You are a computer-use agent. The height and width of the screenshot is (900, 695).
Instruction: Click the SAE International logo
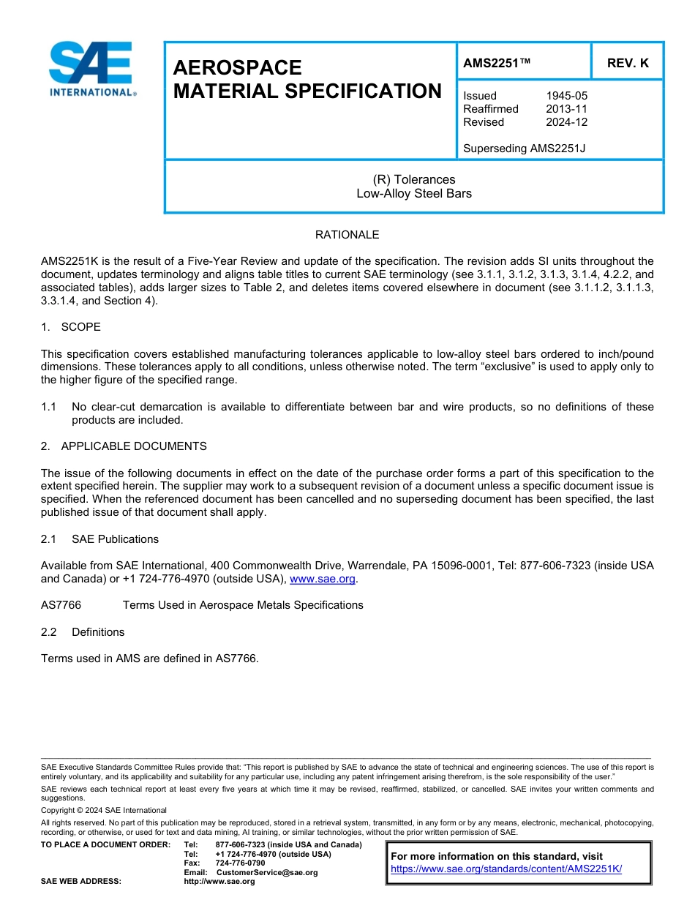click(91, 70)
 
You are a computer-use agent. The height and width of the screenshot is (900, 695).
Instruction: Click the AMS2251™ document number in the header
click(497, 64)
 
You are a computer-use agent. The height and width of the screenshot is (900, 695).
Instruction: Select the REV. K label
click(627, 64)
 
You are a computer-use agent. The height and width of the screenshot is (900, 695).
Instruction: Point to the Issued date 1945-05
click(566, 96)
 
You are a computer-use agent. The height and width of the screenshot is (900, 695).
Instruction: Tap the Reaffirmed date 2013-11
click(566, 109)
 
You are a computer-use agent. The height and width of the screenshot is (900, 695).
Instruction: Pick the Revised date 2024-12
click(566, 122)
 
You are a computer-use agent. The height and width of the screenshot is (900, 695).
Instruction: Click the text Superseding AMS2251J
click(524, 149)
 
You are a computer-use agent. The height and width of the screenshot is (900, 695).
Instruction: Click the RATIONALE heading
click(347, 235)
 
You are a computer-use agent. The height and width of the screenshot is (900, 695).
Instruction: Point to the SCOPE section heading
click(80, 326)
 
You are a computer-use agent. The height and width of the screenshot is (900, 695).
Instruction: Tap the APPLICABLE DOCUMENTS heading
click(134, 446)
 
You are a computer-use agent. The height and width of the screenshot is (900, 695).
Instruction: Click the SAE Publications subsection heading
click(115, 539)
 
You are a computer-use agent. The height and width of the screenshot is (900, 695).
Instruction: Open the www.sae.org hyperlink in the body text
click(323, 580)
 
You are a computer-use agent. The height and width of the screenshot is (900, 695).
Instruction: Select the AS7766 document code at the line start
click(61, 605)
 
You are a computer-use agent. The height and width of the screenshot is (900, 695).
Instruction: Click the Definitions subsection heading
click(98, 632)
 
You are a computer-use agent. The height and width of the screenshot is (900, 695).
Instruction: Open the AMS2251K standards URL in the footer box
click(506, 869)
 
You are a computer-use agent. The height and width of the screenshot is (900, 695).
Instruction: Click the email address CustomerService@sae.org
click(267, 873)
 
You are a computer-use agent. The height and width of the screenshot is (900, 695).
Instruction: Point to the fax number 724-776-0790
click(240, 863)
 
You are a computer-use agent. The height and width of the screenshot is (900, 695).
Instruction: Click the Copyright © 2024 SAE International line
click(104, 811)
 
